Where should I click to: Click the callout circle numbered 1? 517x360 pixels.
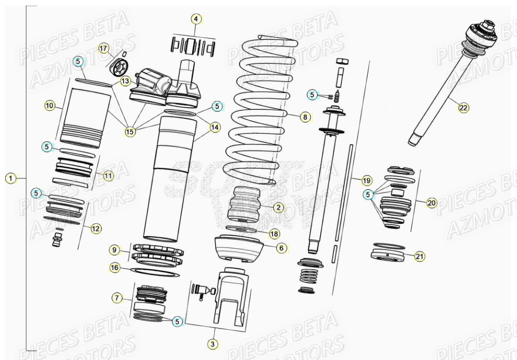(10, 178)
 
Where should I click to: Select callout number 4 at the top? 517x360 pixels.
(195, 19)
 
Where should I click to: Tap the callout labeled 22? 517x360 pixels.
(464, 107)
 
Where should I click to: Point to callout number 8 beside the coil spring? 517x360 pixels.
(305, 117)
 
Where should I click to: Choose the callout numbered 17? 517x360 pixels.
(104, 48)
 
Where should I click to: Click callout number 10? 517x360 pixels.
(49, 106)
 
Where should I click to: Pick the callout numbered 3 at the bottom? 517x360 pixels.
(212, 343)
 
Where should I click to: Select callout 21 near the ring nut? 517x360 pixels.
(420, 256)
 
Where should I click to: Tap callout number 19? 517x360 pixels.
(366, 181)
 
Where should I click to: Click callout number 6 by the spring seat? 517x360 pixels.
(281, 248)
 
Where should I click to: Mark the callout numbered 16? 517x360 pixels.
(115, 267)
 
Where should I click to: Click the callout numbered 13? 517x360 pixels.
(126, 81)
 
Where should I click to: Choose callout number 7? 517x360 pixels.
(118, 298)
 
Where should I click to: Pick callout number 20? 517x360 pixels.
(432, 203)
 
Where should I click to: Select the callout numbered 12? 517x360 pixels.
(96, 227)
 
